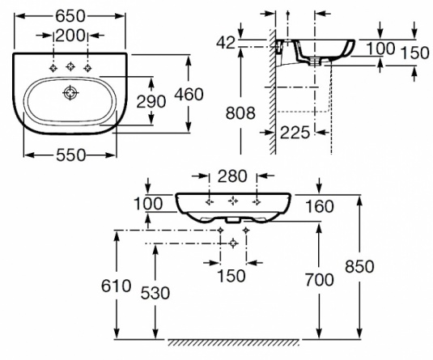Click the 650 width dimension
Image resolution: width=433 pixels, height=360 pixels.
(x=70, y=16)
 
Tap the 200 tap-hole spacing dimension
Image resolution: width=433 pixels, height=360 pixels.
(x=70, y=36)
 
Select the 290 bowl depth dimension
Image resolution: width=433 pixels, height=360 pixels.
(x=151, y=101)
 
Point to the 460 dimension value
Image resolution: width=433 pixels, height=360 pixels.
(x=189, y=94)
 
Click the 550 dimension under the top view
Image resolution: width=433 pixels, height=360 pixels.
(x=71, y=155)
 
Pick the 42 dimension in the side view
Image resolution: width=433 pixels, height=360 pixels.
(x=226, y=43)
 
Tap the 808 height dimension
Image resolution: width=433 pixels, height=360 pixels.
(x=240, y=113)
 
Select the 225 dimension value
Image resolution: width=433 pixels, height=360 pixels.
(x=295, y=133)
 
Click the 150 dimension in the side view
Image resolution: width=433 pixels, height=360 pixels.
(x=415, y=53)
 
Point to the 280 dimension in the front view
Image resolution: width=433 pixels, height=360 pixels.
(x=232, y=176)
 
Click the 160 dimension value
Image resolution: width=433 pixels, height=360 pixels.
(x=320, y=206)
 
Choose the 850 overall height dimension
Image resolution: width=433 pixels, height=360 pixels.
(x=359, y=266)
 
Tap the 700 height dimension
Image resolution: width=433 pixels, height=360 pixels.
(x=319, y=280)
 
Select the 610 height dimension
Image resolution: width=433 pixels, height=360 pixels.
(x=116, y=286)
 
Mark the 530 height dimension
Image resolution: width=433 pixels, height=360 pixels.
(x=155, y=293)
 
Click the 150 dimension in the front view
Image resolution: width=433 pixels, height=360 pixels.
(x=231, y=276)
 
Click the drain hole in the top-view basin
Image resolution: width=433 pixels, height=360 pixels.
(x=70, y=93)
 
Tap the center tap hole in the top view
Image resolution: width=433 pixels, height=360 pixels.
(x=70, y=66)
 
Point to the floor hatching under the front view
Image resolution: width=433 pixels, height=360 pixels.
(x=234, y=342)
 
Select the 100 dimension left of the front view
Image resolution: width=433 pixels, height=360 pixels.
(x=148, y=204)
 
